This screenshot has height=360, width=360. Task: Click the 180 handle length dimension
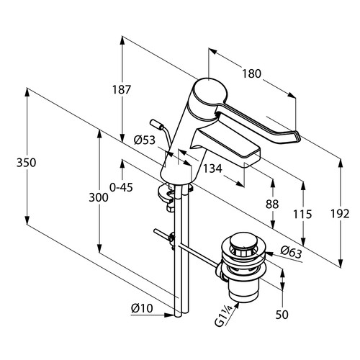point(251,73)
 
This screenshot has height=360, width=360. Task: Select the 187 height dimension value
point(122,90)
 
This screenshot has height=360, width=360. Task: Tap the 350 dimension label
point(26,163)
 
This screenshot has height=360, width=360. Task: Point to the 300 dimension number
point(99,198)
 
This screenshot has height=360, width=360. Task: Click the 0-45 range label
point(121,187)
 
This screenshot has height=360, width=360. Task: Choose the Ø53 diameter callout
point(145,140)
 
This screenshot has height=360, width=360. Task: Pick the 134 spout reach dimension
point(212,168)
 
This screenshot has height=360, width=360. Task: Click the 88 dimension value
point(272,204)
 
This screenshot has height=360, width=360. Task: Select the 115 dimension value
point(302,214)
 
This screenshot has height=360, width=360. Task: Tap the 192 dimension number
point(340,214)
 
